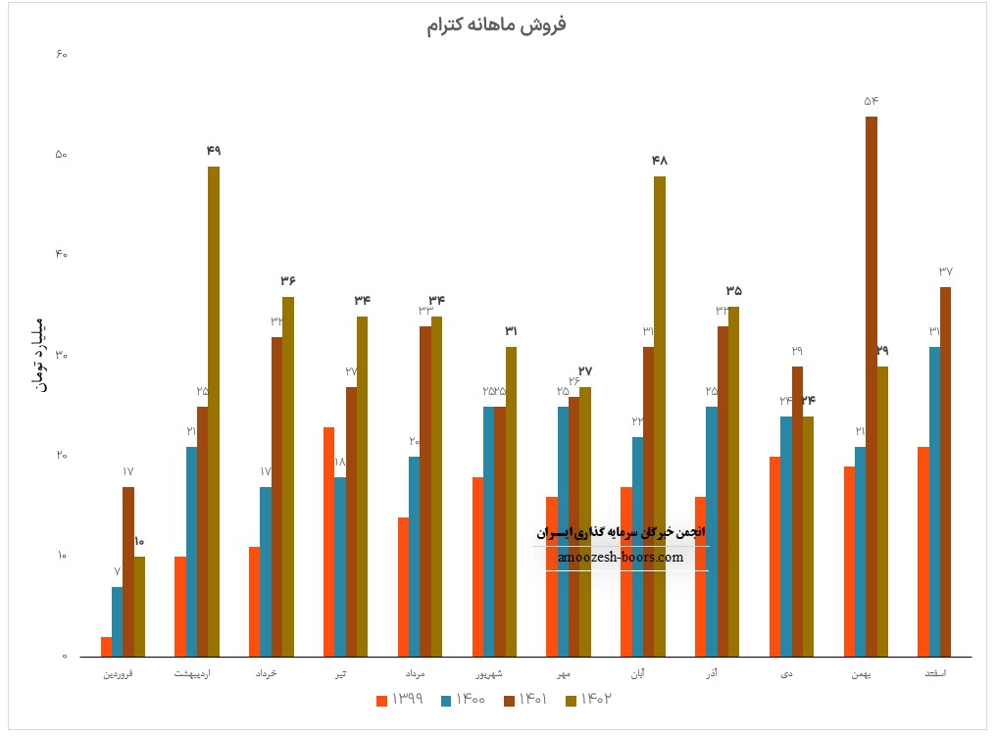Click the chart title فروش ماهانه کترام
496,25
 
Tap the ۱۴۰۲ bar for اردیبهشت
214,411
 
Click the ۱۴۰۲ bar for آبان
660,416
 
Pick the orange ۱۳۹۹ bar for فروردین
106,646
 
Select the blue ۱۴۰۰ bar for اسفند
934,501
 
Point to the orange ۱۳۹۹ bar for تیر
328,541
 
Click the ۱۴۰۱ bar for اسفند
945,470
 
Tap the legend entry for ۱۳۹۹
401,699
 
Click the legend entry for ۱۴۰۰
464,699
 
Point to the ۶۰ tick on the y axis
60,55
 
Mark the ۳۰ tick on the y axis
60,356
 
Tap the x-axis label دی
787,674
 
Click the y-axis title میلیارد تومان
38,355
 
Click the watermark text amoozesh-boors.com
620,557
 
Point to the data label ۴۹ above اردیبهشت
214,150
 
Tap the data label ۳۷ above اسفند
945,271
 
